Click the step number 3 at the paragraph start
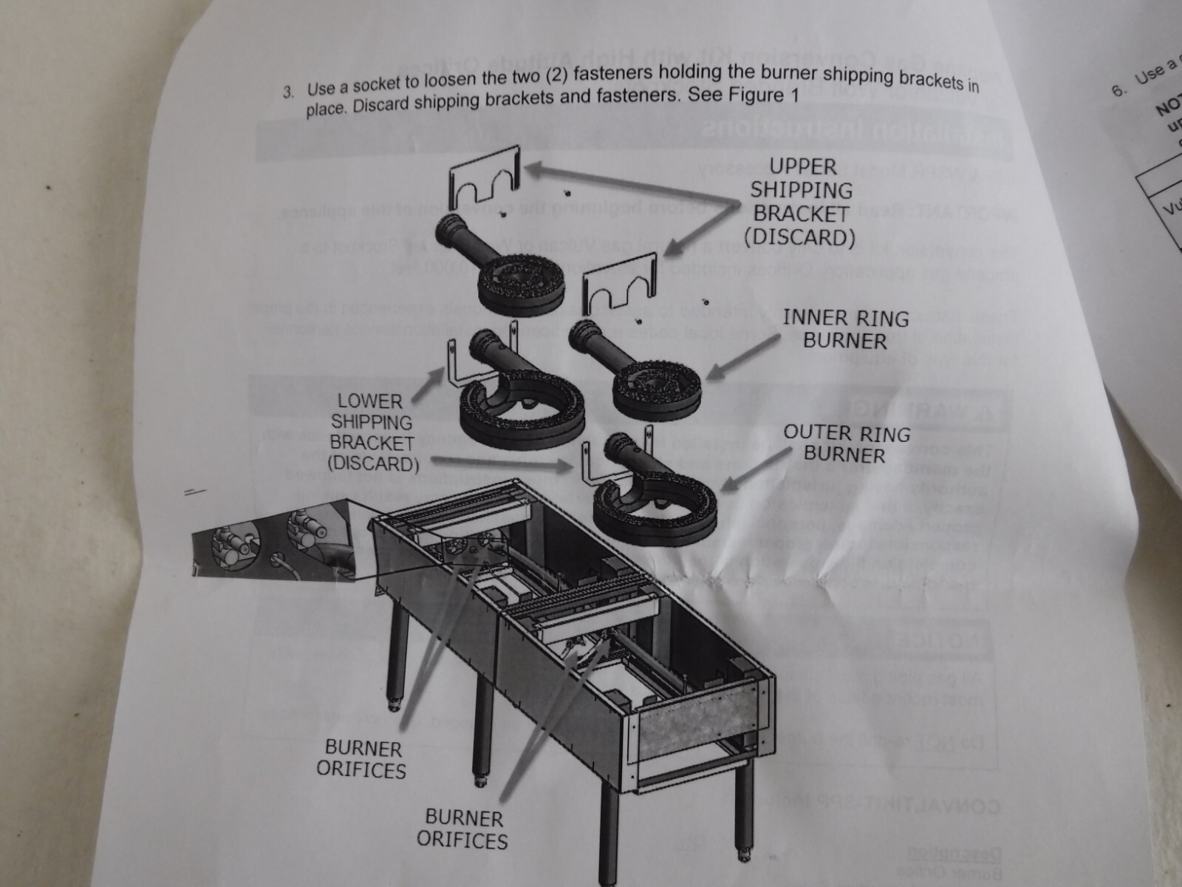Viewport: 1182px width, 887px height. click(x=290, y=92)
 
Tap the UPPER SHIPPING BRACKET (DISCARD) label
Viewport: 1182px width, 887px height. click(x=802, y=202)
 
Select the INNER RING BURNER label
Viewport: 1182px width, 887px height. click(x=845, y=330)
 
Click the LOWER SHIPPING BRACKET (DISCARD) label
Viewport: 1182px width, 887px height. click(x=372, y=432)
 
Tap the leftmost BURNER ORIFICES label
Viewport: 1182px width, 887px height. click(x=362, y=759)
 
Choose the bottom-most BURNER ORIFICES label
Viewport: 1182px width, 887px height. click(x=463, y=829)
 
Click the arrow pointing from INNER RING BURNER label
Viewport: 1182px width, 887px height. click(x=742, y=358)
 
